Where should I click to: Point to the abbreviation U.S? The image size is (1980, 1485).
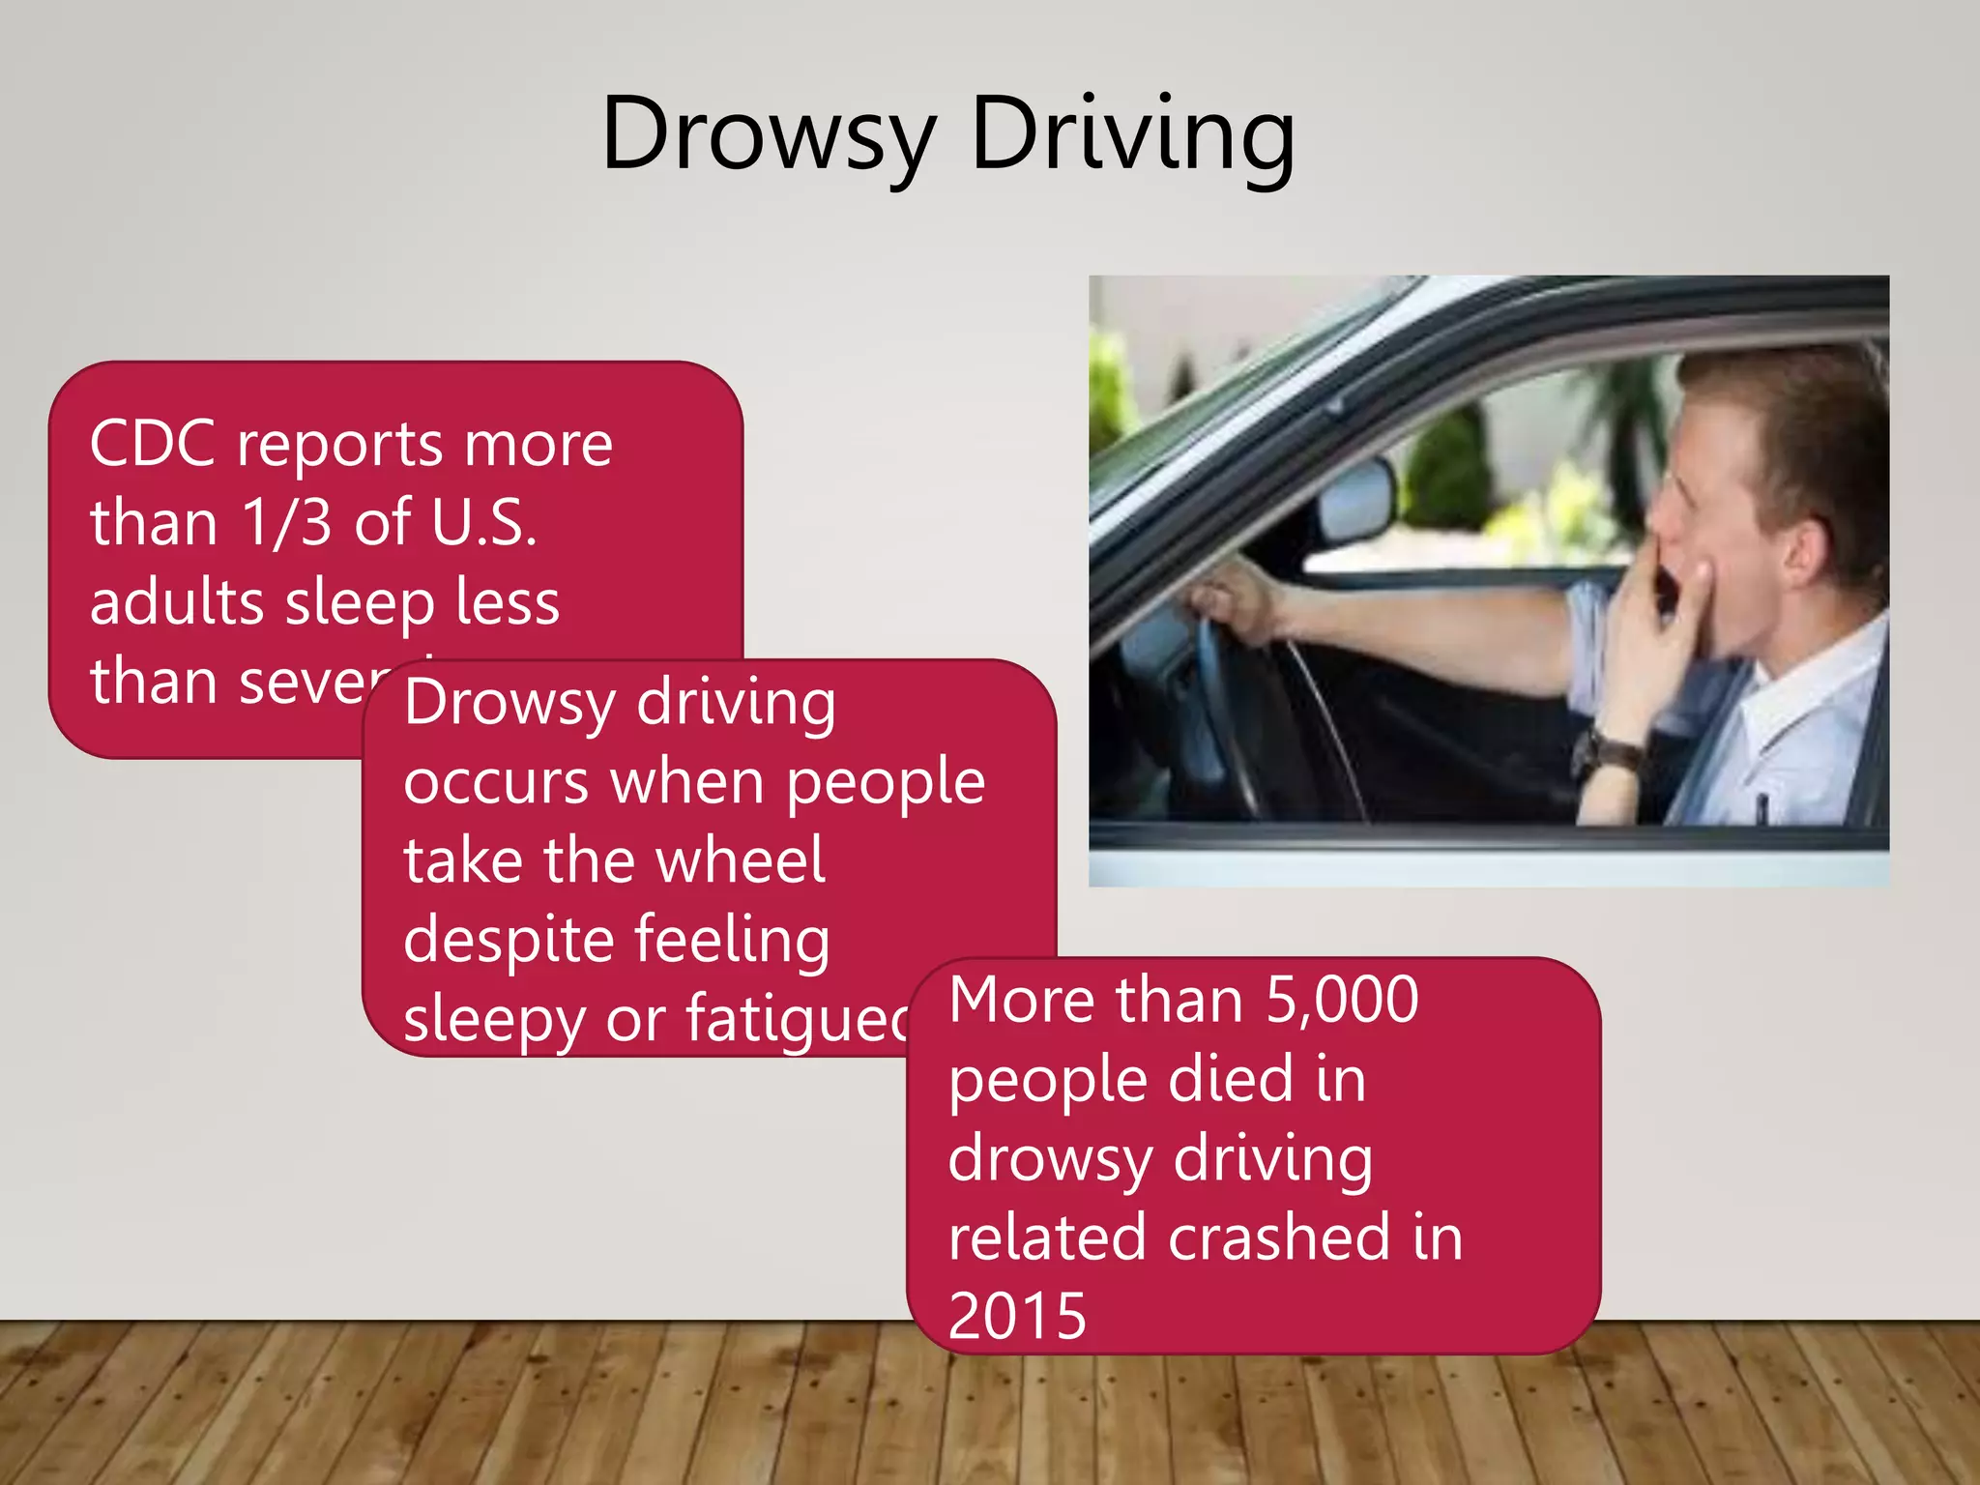click(x=483, y=523)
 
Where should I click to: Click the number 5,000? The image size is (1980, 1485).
click(x=1342, y=1000)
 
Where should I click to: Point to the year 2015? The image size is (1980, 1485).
click(x=1017, y=1316)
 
